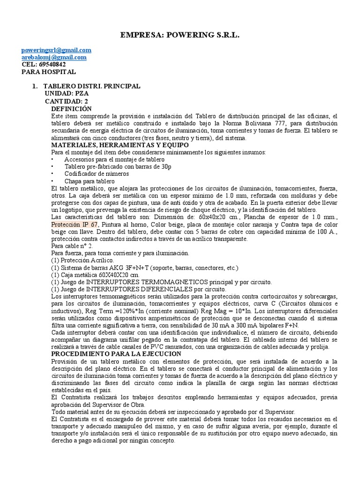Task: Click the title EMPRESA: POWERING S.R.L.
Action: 180,35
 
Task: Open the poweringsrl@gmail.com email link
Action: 57,50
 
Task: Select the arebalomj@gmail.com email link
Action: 54,57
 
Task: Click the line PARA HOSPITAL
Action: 49,72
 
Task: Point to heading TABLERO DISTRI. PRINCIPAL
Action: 91,87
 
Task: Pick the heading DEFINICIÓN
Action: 71,108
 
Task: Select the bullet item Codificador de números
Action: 91,174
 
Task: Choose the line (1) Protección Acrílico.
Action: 82,260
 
